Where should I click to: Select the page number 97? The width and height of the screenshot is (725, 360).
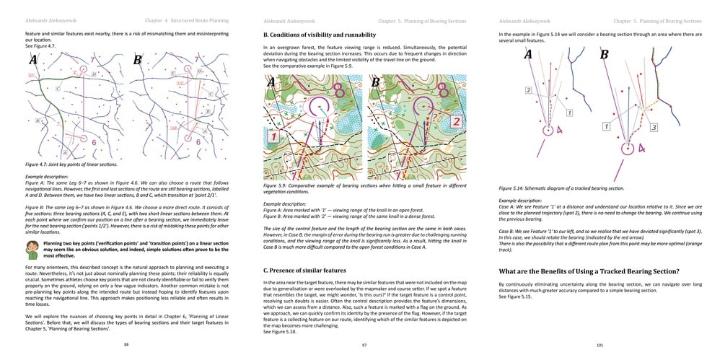[x=363, y=345]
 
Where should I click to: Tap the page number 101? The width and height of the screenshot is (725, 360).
[x=599, y=345]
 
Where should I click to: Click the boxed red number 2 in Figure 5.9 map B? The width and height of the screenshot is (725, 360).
[x=456, y=121]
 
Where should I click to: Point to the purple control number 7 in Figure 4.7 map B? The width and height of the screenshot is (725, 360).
[x=196, y=58]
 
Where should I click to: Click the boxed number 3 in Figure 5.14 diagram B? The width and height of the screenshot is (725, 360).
[x=653, y=127]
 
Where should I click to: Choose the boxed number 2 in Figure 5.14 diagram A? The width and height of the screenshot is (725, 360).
[x=528, y=90]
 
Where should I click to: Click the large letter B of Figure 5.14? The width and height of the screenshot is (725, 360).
[x=605, y=55]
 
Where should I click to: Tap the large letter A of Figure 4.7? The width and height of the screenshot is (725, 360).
[x=33, y=61]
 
